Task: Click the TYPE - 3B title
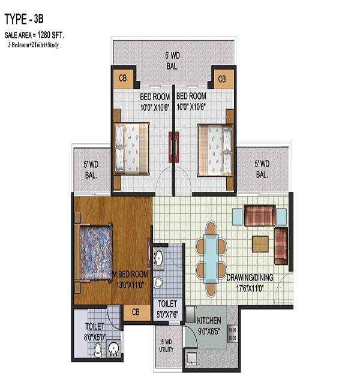point(24,19)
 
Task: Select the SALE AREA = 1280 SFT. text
point(34,35)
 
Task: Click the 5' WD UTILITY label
point(166,345)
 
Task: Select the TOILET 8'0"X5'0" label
point(95,331)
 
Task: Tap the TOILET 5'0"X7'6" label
point(167,309)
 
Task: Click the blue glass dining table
point(211,259)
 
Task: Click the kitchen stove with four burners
point(233,334)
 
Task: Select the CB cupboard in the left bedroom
point(123,79)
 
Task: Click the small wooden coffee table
point(260,244)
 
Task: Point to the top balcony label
point(172,61)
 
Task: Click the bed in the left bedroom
point(131,149)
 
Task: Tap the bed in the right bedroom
point(215,150)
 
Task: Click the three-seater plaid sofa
point(260,215)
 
